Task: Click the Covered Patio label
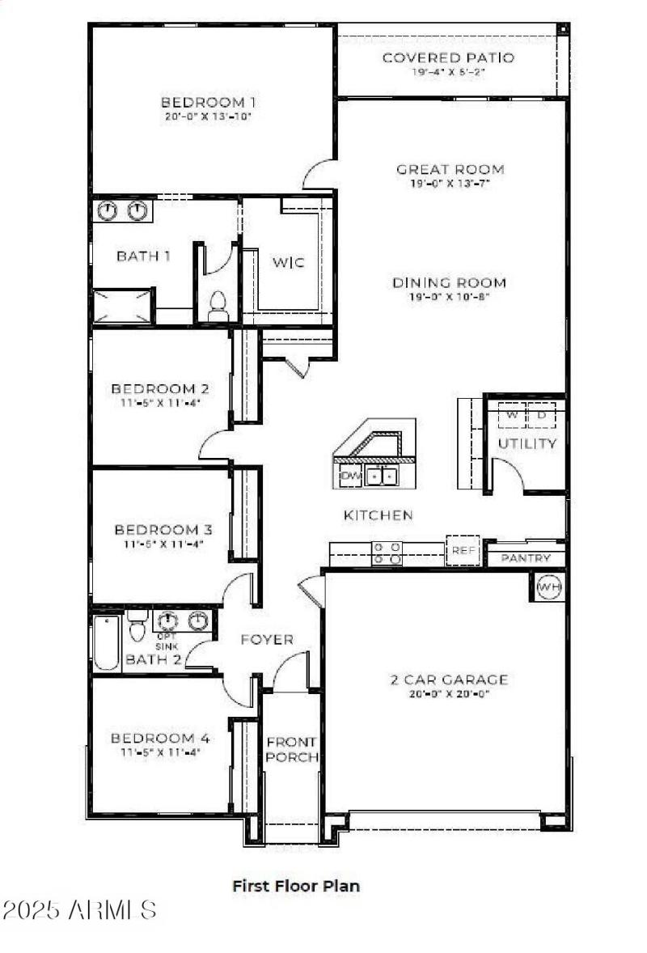pos(448,57)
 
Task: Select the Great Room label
pos(450,169)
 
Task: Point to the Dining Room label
pos(450,282)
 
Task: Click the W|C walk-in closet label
pos(289,262)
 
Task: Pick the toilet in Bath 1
pos(218,307)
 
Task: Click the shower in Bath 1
pos(123,307)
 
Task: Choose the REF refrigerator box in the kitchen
pos(464,550)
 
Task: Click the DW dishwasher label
pos(350,476)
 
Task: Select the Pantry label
pos(526,558)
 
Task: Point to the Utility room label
pos(526,443)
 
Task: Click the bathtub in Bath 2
pos(106,643)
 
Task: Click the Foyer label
pos(267,639)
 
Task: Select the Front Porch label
pos(292,749)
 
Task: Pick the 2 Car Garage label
pos(449,680)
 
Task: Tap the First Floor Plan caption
pos(296,885)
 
